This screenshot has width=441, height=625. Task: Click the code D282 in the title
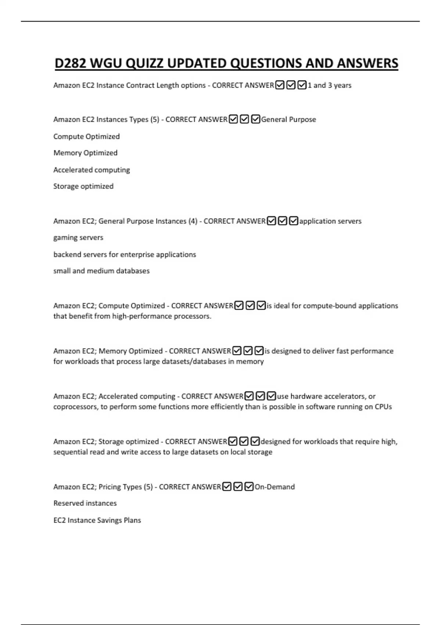pos(70,63)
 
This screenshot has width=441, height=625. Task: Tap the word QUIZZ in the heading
pos(144,63)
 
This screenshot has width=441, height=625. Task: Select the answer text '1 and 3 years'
pos(329,85)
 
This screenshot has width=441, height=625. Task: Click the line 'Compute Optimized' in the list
pos(86,136)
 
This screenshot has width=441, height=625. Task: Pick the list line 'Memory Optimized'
pos(85,153)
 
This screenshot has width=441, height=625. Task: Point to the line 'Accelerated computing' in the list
pos(92,170)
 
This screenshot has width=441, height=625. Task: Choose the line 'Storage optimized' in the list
pos(83,186)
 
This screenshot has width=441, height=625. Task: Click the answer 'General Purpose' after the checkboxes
pos(288,119)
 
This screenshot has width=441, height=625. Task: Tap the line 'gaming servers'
pos(78,238)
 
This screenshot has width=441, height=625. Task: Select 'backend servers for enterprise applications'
pos(125,254)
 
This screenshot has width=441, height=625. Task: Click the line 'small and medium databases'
pos(101,271)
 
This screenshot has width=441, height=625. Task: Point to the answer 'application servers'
pos(330,221)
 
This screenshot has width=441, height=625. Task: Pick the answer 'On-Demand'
pos(275,487)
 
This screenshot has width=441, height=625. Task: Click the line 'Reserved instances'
pos(85,503)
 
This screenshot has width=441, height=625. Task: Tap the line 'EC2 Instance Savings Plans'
pos(97,520)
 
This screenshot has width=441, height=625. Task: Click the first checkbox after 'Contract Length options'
pos(280,85)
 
